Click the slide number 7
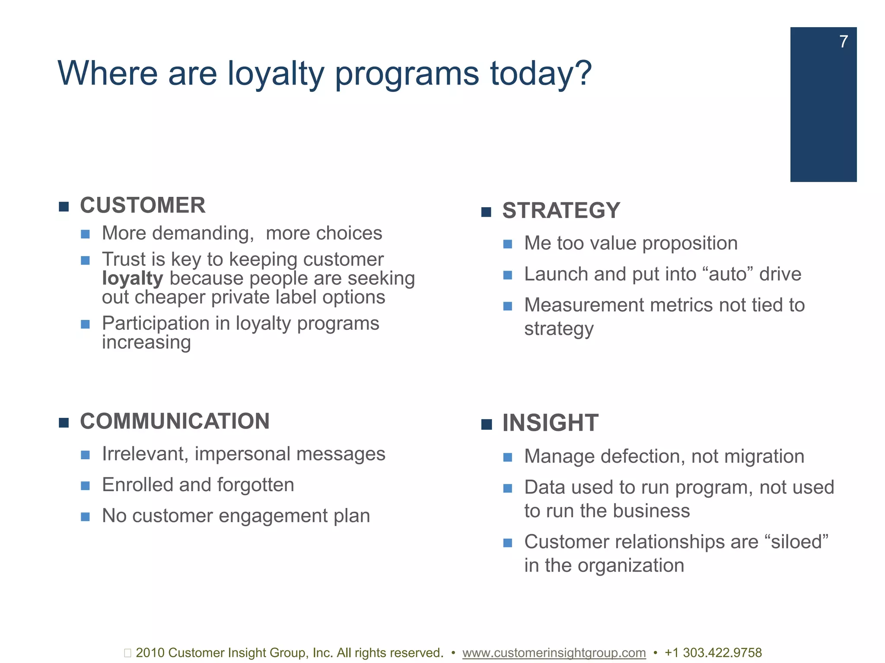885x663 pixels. pos(844,42)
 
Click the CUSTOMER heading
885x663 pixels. pos(143,205)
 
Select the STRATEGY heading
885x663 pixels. pos(561,211)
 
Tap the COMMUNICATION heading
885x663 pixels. pos(175,421)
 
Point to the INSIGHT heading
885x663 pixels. pos(550,423)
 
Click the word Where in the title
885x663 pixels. pos(108,73)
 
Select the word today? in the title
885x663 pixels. pos(541,73)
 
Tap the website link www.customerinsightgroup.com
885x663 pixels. pos(554,653)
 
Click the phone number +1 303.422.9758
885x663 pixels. pos(713,653)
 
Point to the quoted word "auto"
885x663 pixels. pos(728,274)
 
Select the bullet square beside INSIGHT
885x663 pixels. pos(486,424)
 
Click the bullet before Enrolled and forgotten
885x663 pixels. pos(85,486)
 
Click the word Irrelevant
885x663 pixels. pos(145,454)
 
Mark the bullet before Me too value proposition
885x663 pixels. pos(508,244)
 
